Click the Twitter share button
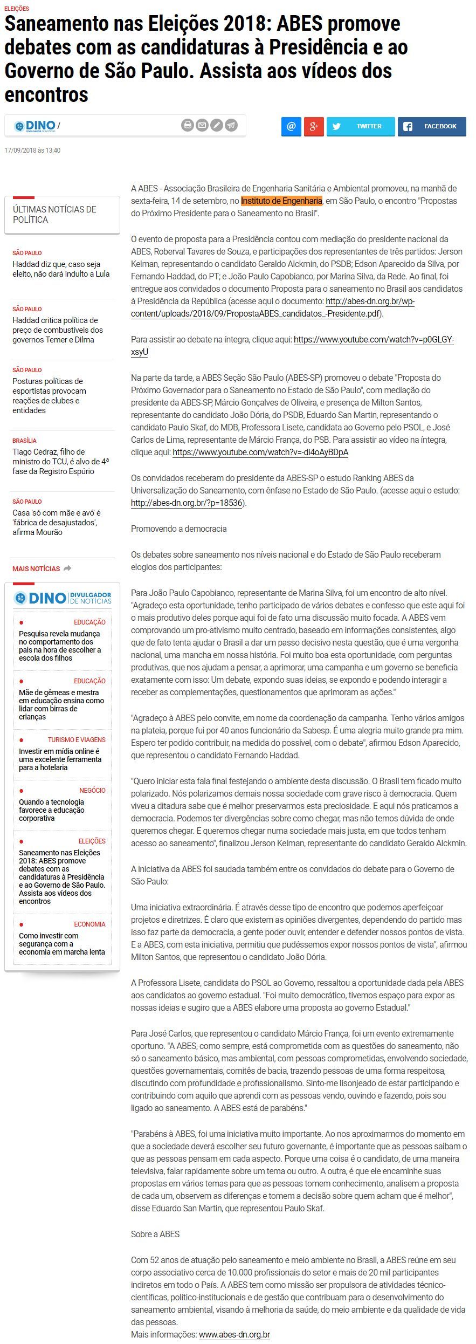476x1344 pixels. (x=360, y=126)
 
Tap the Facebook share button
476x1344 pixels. (x=432, y=126)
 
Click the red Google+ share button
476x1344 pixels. (x=314, y=126)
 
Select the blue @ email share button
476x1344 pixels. (x=291, y=126)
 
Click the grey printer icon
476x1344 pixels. (x=188, y=125)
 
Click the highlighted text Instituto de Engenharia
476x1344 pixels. (x=281, y=201)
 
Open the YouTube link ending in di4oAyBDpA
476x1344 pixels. (x=260, y=452)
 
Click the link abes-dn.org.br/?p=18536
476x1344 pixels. (x=187, y=503)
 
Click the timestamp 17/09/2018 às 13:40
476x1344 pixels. (x=32, y=150)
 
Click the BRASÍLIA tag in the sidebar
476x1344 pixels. (x=25, y=441)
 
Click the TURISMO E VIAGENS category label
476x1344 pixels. (x=77, y=739)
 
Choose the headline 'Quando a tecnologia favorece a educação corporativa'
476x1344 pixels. (x=52, y=810)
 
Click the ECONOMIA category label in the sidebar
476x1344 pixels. (x=89, y=924)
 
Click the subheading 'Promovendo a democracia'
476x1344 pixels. (x=178, y=529)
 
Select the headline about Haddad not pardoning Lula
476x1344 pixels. (x=61, y=269)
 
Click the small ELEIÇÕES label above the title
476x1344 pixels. (x=17, y=9)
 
